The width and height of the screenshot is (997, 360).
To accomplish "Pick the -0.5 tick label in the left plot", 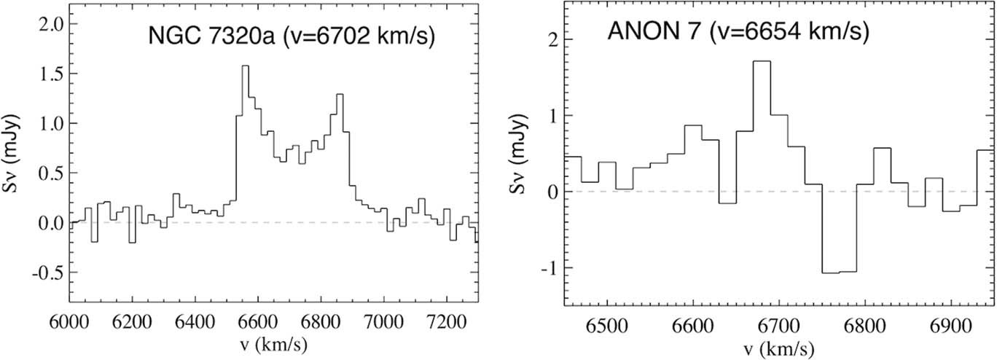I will click(x=44, y=272).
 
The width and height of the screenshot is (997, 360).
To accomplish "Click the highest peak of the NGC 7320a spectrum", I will click(x=245, y=66).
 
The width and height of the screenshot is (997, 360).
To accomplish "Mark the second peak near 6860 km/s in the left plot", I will click(x=340, y=95).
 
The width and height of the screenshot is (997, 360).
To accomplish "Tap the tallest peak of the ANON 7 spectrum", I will click(x=762, y=61).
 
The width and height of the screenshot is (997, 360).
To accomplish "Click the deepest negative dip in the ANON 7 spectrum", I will click(x=839, y=273).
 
